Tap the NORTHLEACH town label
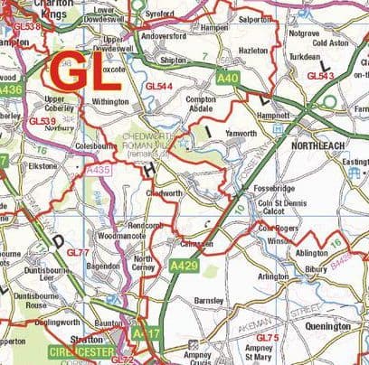coord(323,145)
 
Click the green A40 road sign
coord(228,80)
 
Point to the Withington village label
coord(110,102)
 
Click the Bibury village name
coord(316,269)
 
